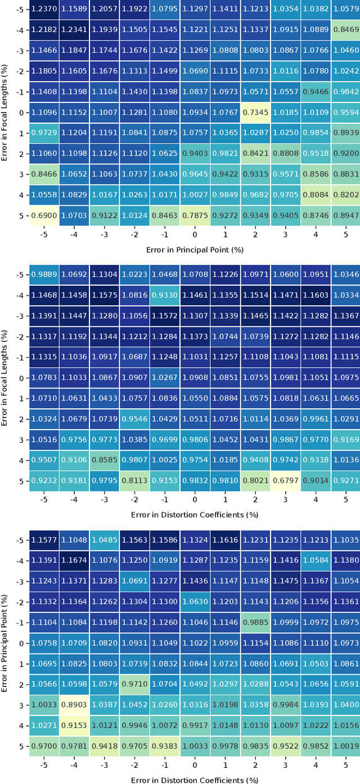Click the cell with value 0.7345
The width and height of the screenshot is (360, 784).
click(x=255, y=112)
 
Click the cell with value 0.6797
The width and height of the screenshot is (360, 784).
click(x=285, y=481)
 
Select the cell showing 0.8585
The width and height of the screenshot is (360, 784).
click(x=105, y=461)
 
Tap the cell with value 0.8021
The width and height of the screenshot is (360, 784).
click(x=255, y=481)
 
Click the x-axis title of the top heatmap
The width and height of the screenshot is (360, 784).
click(x=195, y=249)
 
